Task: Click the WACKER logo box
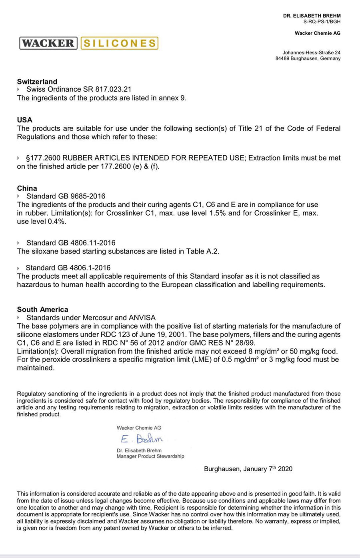coord(48,43)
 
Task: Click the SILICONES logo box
coord(119,43)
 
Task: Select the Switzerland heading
coord(37,82)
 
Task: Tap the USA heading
coord(25,120)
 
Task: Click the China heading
coord(27,188)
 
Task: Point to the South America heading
coord(42,310)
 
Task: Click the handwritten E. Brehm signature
coord(142,439)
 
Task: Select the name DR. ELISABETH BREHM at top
coord(312,16)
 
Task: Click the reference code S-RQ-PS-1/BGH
coord(322,22)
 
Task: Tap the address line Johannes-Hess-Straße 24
coord(312,52)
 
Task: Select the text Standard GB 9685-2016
coord(66,196)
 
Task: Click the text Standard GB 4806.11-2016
coord(71,243)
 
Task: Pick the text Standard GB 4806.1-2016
coord(68,268)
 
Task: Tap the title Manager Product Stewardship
coord(150,456)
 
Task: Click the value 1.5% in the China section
coord(218,213)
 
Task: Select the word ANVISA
coord(142,318)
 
